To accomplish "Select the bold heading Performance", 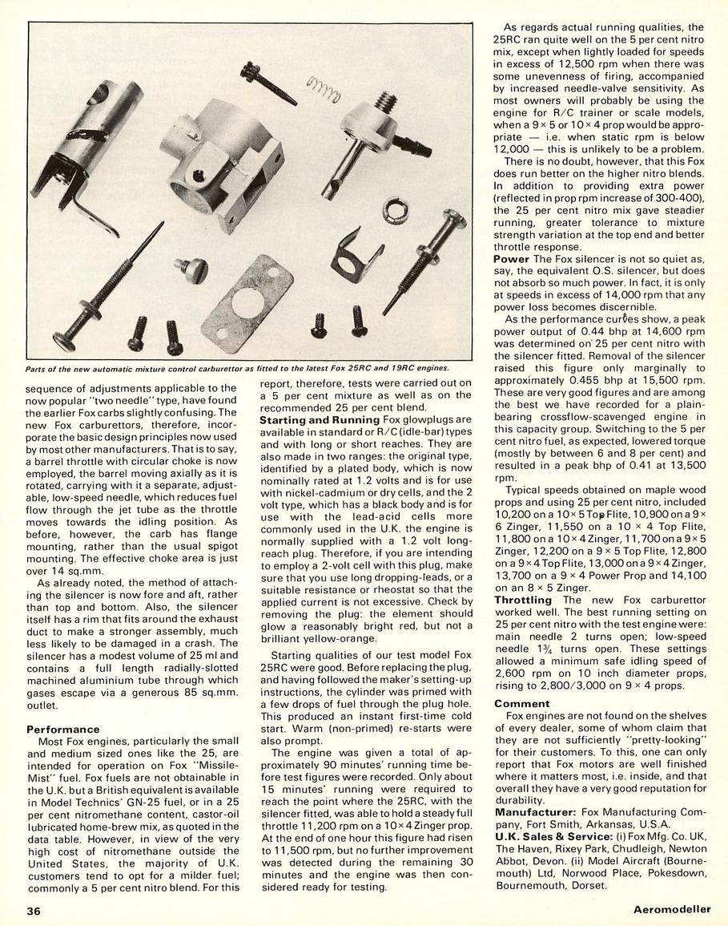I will tap(63, 730).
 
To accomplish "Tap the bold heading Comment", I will tap(521, 703).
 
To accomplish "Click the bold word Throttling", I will tap(523, 600).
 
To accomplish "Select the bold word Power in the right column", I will tap(511, 259).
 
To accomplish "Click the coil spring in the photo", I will tap(324, 83).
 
